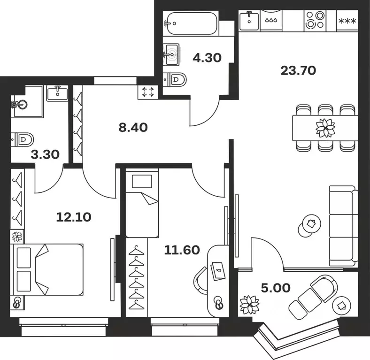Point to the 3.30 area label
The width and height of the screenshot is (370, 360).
[x=45, y=154]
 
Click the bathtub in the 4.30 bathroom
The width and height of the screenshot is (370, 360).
[x=191, y=22]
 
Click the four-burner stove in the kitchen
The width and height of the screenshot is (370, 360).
[x=315, y=21]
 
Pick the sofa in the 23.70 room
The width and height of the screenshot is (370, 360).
[x=342, y=225]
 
